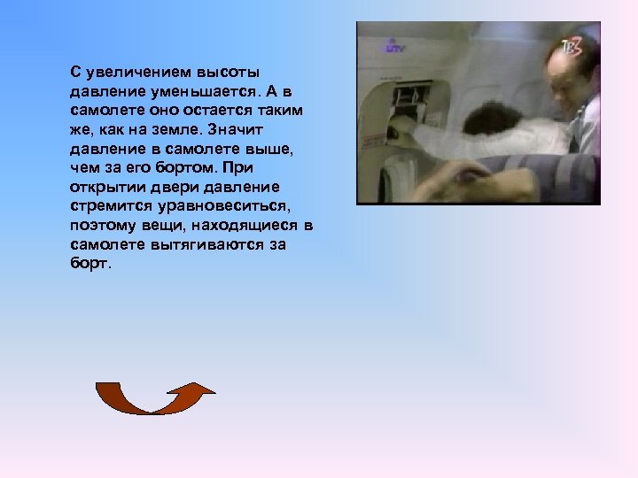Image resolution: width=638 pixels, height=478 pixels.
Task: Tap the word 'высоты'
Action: (222, 72)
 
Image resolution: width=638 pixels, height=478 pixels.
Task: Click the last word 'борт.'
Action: (89, 265)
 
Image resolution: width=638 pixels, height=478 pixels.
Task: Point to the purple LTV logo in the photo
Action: (393, 45)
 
